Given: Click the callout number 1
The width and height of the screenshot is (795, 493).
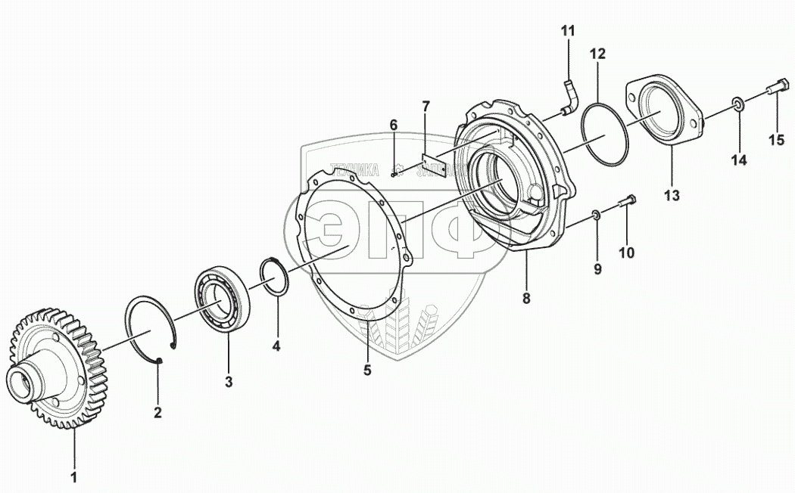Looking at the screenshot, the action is point(74,478).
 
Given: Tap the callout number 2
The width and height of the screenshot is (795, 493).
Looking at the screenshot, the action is point(157,414).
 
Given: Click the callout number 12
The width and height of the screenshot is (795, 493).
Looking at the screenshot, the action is point(598,54).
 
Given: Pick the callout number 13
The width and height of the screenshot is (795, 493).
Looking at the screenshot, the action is point(672,196).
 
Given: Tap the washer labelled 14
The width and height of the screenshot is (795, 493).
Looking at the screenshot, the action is point(736,104).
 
